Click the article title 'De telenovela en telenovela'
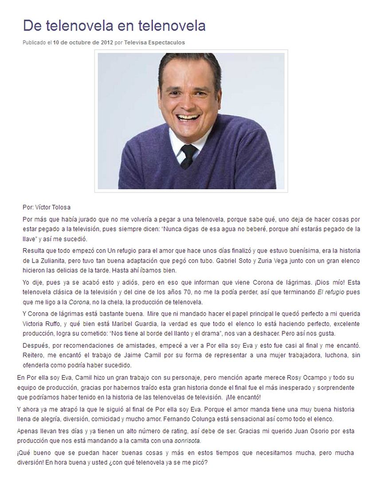click(x=114, y=26)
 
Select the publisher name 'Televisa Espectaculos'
click(x=155, y=43)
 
